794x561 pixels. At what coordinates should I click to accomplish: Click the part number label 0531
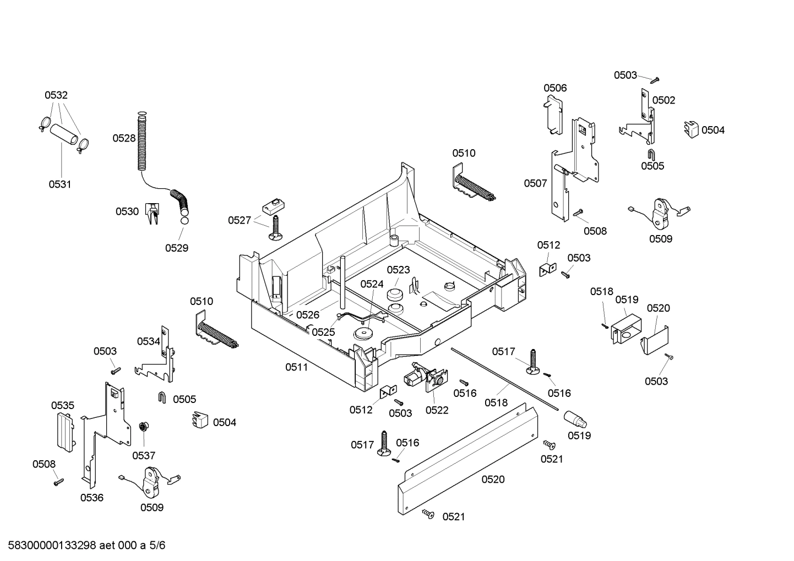point(60,184)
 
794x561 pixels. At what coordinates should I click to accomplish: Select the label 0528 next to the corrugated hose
point(124,138)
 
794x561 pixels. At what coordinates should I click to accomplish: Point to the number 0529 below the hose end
point(177,248)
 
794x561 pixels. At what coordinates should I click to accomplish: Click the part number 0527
point(240,220)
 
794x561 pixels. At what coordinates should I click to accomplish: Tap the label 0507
point(535,183)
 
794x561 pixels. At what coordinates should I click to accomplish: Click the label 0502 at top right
point(664,100)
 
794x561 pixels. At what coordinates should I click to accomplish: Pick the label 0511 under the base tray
point(296,367)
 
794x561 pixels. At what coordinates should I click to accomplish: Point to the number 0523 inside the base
point(398,270)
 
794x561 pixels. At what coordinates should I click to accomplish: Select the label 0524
point(372,284)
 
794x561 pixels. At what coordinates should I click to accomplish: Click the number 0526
point(307,315)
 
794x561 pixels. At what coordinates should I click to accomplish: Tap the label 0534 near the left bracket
point(148,341)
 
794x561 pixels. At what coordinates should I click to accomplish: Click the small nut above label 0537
point(143,427)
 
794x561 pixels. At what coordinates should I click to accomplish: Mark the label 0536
point(91,498)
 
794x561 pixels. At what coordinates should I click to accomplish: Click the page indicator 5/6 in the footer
point(157,546)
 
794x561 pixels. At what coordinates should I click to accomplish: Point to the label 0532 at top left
point(56,95)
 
